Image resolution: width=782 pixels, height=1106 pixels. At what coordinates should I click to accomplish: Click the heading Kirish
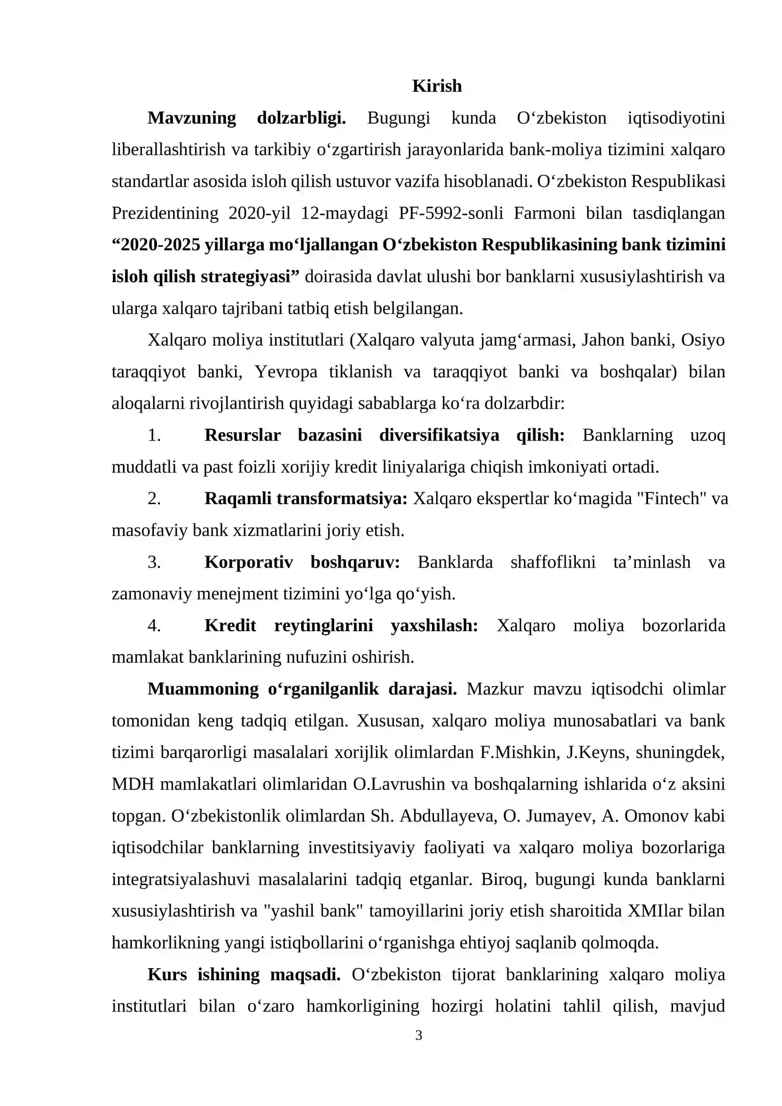(436, 86)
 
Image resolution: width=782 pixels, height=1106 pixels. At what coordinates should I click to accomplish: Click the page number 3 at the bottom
(418, 1035)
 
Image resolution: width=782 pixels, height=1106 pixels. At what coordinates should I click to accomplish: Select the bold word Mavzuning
(192, 118)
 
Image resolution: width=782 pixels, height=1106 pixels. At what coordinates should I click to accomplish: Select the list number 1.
(154, 435)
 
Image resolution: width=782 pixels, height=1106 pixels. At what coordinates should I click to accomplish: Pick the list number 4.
(154, 625)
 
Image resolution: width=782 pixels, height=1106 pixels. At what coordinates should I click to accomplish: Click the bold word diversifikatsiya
(439, 435)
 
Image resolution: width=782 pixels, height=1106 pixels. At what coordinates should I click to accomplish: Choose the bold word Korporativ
(248, 562)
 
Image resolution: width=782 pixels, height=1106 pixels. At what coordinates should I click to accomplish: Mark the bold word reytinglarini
(324, 625)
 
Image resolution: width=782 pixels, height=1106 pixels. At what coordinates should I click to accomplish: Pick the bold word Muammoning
(203, 689)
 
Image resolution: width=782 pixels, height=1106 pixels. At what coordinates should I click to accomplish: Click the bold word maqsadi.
(305, 974)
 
